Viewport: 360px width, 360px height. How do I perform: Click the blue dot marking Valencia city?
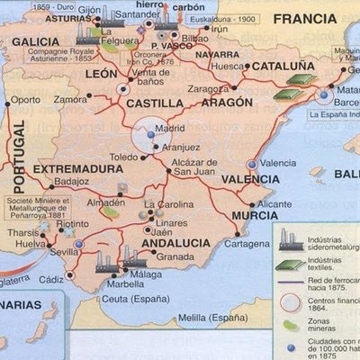pyautogui.click(x=252, y=164)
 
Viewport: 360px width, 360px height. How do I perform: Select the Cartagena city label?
pyautogui.click(x=246, y=243)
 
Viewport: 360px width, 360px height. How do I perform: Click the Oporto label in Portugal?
pyautogui.click(x=25, y=100)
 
